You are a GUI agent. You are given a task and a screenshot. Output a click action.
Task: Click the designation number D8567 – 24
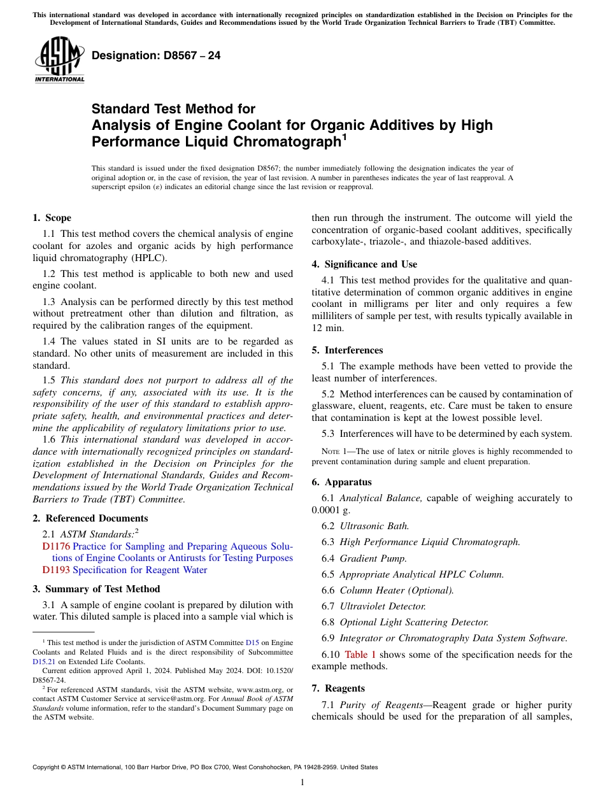(156, 55)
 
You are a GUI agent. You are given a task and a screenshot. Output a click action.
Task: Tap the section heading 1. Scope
(52, 218)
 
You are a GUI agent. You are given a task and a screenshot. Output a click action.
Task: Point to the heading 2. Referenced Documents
(90, 518)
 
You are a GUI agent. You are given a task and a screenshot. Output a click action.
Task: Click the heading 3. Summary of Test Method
(96, 589)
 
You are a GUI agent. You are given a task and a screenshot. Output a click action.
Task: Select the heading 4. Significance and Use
(364, 264)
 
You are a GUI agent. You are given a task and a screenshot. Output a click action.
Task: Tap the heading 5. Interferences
(347, 350)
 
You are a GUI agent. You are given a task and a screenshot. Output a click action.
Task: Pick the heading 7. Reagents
(338, 688)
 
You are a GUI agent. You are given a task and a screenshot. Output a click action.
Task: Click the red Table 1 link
(360, 655)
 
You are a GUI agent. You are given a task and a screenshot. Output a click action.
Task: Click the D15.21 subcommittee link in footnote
(44, 662)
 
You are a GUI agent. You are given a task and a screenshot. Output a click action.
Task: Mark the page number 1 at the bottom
(302, 783)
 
